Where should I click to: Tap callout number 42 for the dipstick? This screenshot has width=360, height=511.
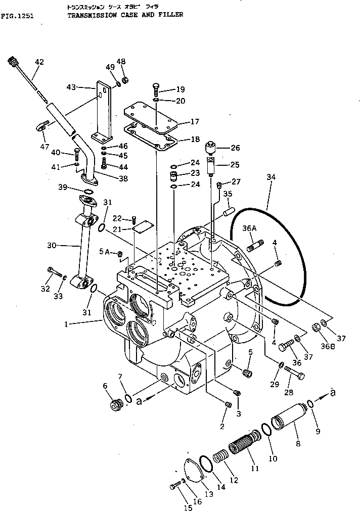pos(39,62)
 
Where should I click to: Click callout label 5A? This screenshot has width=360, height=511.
pos(105,251)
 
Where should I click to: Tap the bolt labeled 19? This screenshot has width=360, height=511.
pos(156,90)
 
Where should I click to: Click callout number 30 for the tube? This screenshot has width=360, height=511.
pos(52,246)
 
